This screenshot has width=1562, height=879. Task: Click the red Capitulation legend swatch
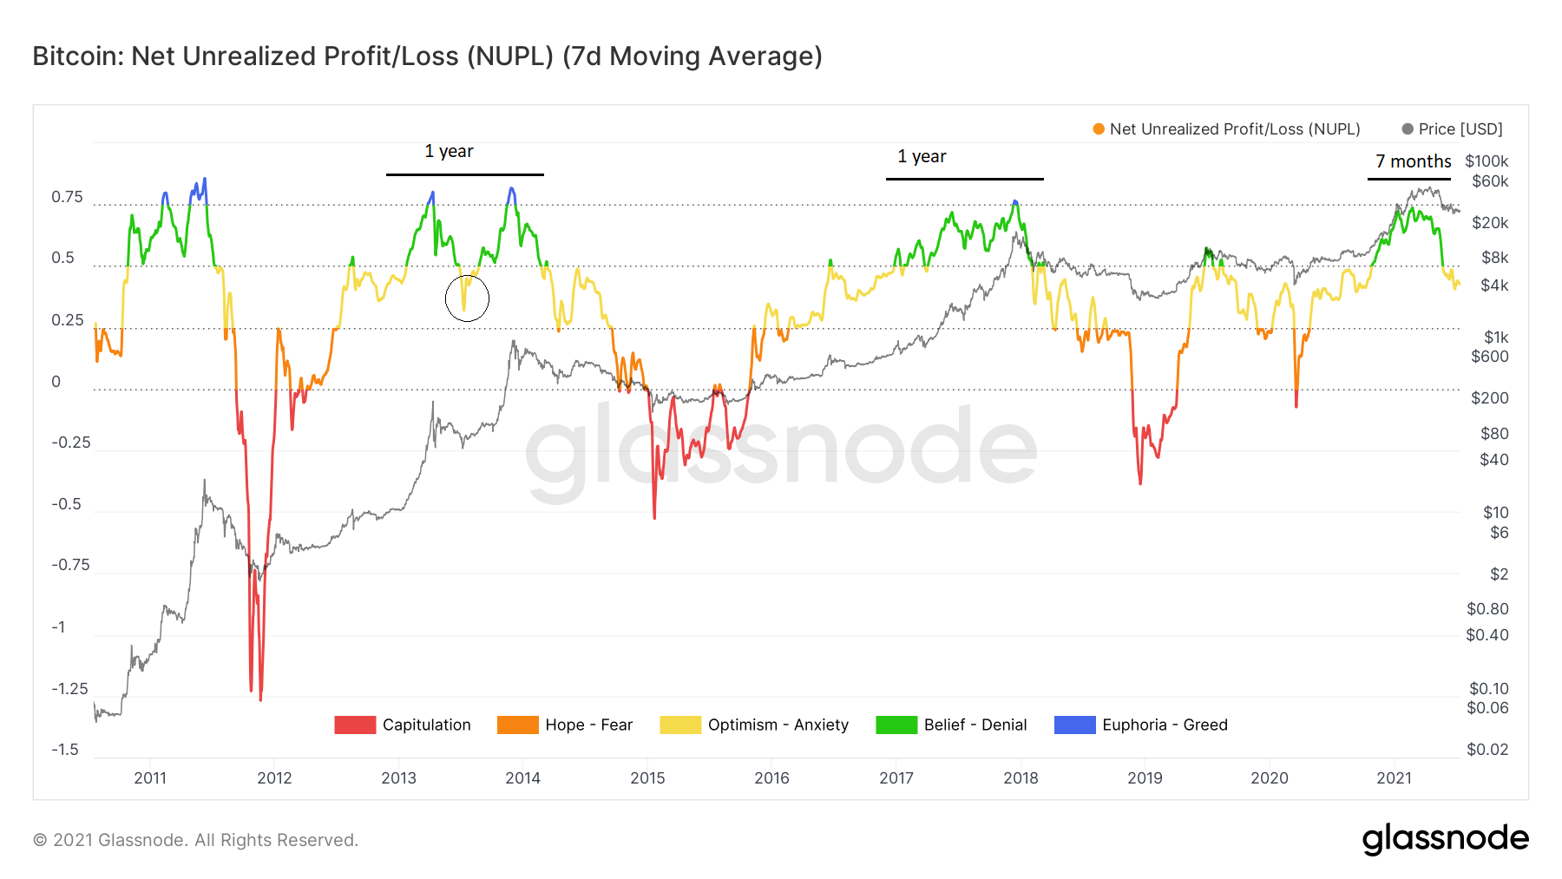[355, 725]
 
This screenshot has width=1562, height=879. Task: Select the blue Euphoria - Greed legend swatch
[1074, 725]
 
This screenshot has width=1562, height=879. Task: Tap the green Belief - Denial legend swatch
[896, 725]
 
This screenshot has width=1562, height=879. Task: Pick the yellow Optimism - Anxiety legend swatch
[680, 725]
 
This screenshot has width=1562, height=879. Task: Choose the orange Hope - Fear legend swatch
[518, 725]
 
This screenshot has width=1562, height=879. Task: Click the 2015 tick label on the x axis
[647, 777]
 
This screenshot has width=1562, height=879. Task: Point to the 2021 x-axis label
[1394, 777]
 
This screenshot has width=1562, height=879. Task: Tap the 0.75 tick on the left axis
[68, 197]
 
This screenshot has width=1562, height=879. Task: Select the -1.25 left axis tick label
[69, 689]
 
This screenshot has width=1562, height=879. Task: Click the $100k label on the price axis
[1487, 161]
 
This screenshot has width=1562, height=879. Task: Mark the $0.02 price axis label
[1487, 750]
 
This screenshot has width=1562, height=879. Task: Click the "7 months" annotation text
[1413, 161]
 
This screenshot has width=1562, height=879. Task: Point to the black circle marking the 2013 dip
[467, 298]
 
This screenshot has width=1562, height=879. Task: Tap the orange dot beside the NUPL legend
[1099, 129]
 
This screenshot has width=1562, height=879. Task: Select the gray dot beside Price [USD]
[1408, 129]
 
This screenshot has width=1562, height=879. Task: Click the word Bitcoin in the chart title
[77, 56]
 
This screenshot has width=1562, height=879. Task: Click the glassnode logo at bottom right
[1445, 838]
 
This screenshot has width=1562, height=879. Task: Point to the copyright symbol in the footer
[40, 840]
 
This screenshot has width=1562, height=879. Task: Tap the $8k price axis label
[1494, 258]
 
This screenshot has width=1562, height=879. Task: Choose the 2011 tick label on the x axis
[150, 777]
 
